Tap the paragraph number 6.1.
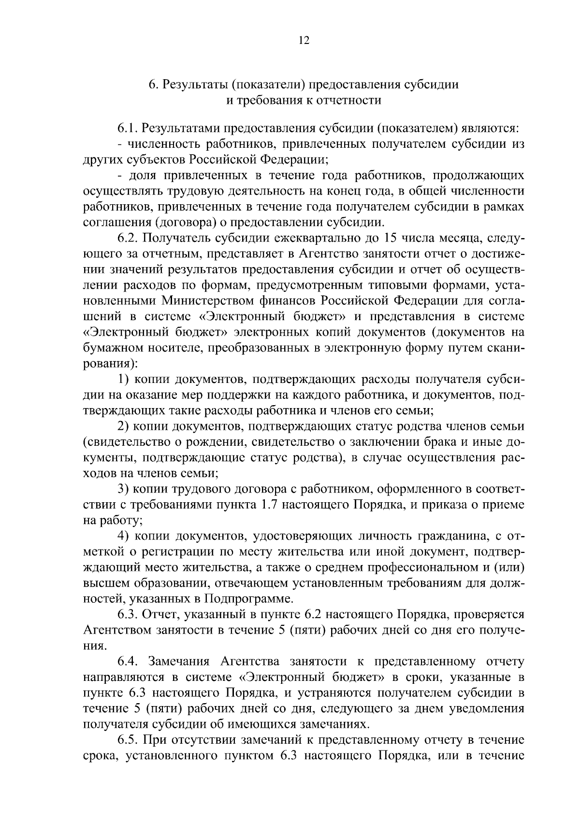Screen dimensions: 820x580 tap(128, 128)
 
